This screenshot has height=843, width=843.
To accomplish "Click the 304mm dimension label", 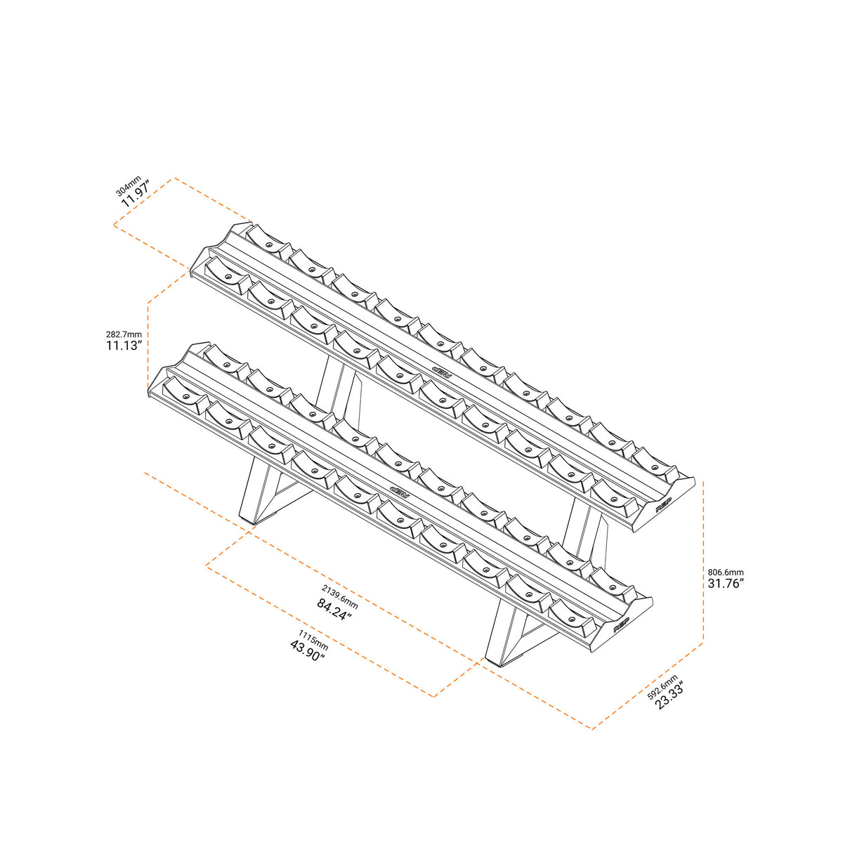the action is point(128,185).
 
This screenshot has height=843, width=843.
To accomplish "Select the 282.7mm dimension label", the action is point(124,334).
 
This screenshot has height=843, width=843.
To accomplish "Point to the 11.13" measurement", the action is point(124,346).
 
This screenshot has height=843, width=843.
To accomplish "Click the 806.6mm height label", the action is point(726,573).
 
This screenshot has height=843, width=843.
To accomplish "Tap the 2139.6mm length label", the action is point(340,596).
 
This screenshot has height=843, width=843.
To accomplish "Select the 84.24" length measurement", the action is point(334,609).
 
